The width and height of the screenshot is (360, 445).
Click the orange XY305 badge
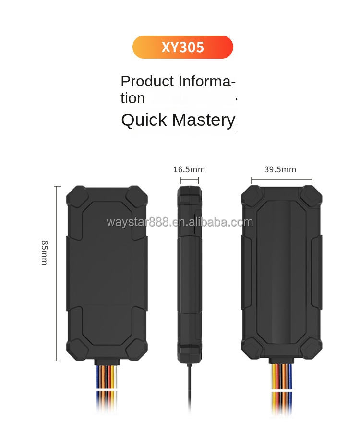coord(182,47)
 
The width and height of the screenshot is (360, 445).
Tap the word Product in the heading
coord(147,82)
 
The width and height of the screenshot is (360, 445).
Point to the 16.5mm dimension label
coord(189,169)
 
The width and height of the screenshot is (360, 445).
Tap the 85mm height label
coord(44,253)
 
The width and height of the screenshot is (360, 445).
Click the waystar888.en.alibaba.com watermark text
coord(180,222)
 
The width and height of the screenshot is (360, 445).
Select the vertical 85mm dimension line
coord(57,273)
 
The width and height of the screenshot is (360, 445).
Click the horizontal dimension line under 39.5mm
coord(282,180)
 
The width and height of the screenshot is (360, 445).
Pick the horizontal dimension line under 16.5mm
coord(189,180)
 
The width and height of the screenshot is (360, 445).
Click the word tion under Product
coord(132,98)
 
